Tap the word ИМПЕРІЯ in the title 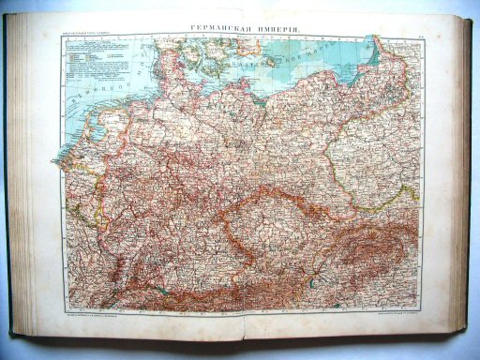click(273, 29)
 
